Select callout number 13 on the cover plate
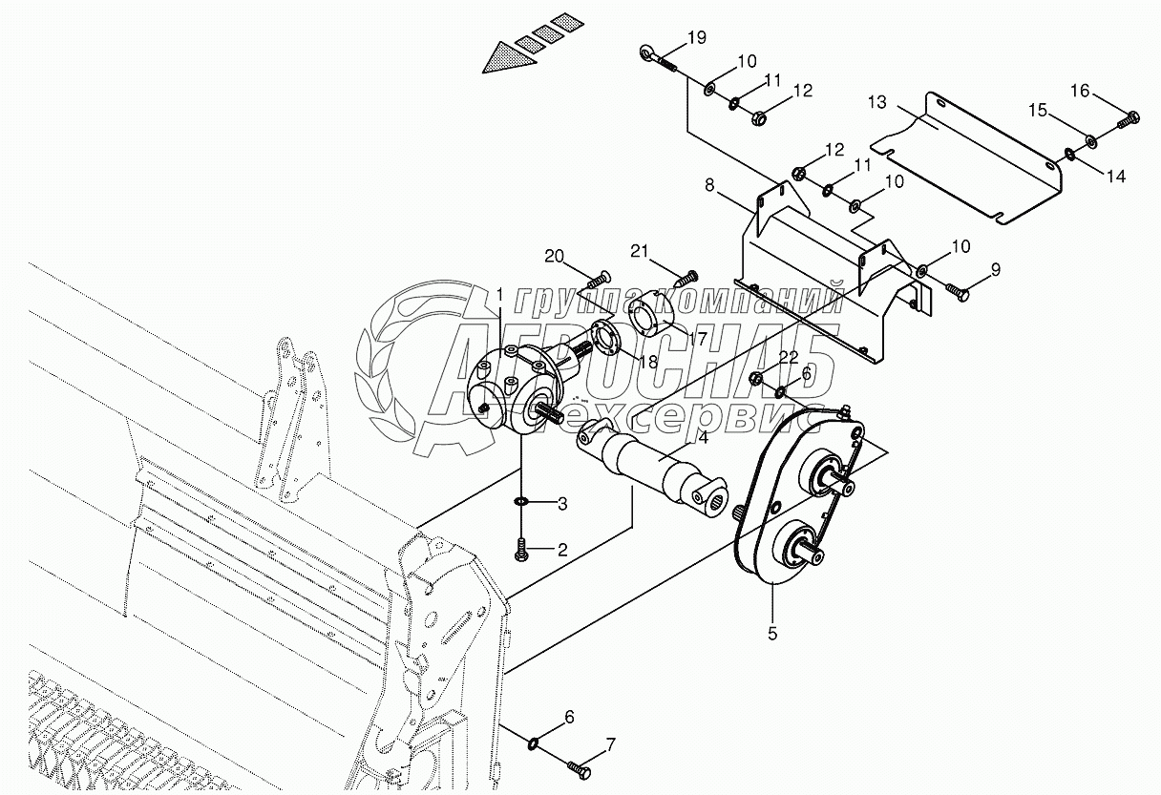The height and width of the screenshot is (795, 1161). (877, 101)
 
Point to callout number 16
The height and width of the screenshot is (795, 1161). (1079, 91)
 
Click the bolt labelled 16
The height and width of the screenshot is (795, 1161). (1128, 120)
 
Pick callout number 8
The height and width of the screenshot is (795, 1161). (709, 185)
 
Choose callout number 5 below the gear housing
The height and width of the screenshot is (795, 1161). (772, 632)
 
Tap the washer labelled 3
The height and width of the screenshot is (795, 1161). (521, 502)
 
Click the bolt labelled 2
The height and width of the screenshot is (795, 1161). (521, 549)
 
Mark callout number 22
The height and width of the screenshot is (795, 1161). (788, 357)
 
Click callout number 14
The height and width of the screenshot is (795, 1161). (1117, 176)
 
